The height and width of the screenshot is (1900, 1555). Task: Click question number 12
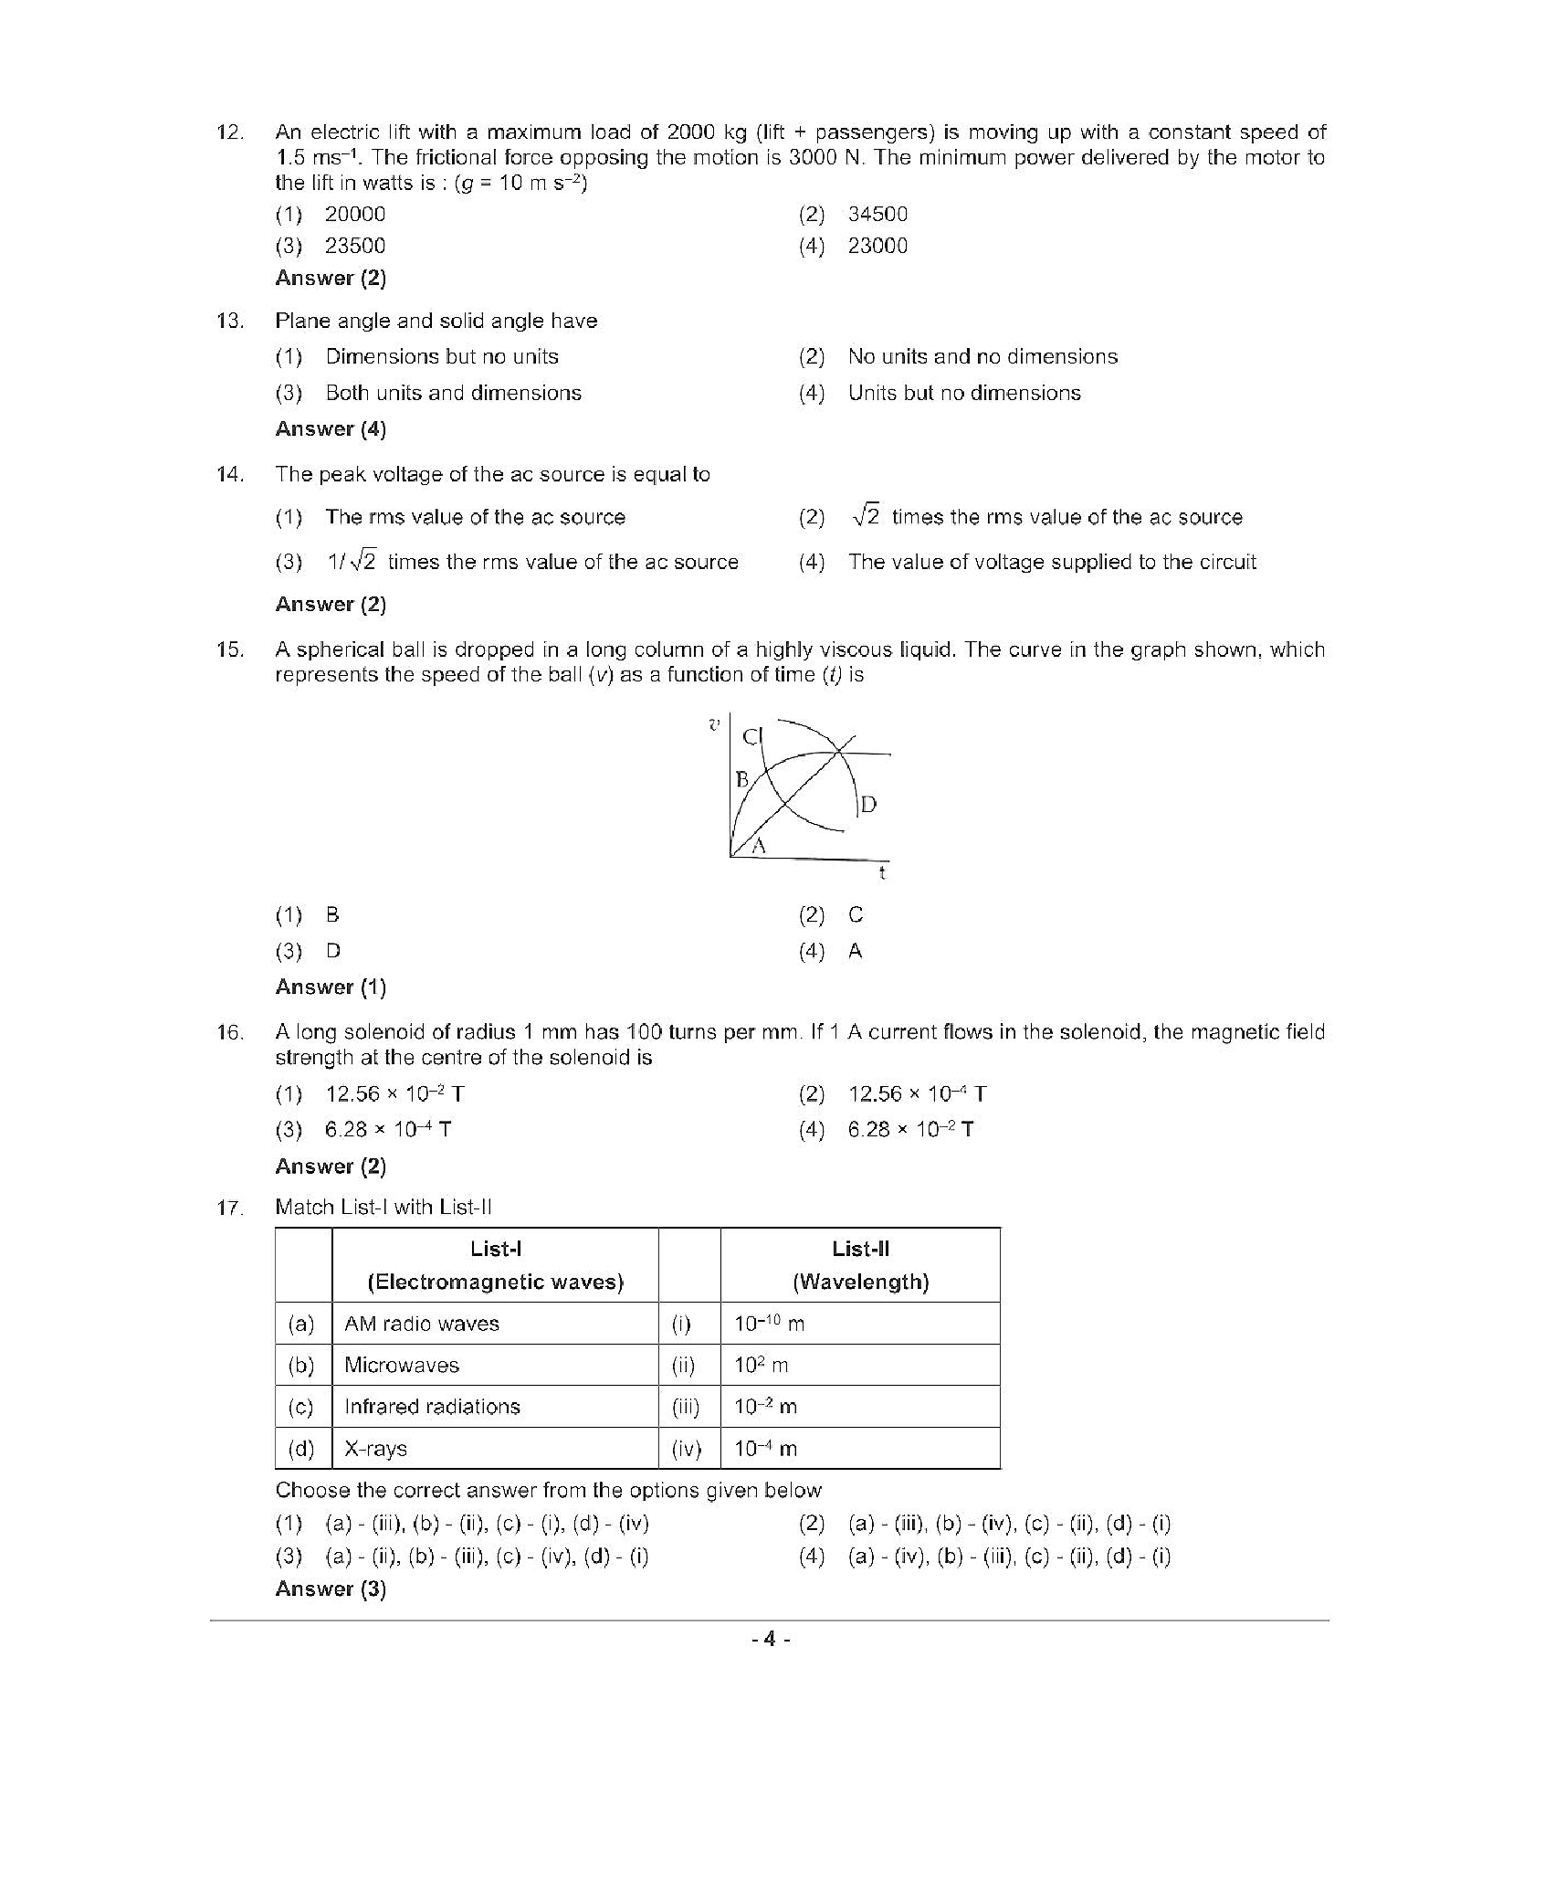pos(229,132)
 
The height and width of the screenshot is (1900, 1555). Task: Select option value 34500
pos(877,215)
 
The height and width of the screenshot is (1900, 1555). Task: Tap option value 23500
pos(354,246)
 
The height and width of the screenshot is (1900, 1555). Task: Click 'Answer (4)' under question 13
pos(331,429)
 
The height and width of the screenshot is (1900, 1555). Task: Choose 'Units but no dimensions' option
pos(963,394)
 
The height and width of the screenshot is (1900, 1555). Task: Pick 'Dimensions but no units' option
pos(441,357)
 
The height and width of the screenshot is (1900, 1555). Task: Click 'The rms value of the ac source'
pos(475,518)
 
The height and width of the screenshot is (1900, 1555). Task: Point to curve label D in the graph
pos(868,805)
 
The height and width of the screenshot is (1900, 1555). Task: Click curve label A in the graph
pos(758,847)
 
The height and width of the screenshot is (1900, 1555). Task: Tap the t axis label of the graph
pos(882,873)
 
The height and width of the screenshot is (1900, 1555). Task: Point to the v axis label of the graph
pos(715,724)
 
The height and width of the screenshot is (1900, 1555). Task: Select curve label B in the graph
pos(742,779)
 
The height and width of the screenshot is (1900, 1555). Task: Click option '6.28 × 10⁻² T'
pos(909,1130)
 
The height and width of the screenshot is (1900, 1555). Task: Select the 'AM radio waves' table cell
pos(422,1324)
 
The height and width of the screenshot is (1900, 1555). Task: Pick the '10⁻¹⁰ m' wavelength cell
pos(769,1324)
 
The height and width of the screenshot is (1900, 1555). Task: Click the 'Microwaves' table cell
pos(402,1366)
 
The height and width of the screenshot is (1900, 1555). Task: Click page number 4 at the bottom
pos(770,1640)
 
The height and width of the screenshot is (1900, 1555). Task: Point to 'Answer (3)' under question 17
pos(331,1589)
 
